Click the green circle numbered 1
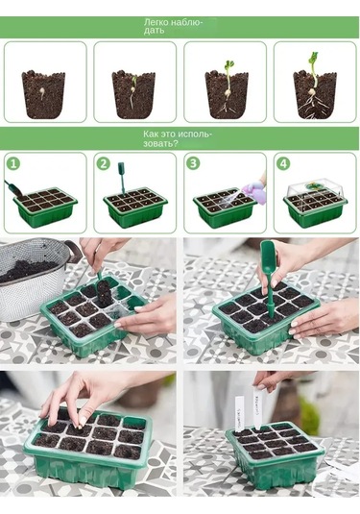pyautogui.click(x=13, y=163)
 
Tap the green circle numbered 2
pyautogui.click(x=104, y=163)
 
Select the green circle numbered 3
pyautogui.click(x=193, y=163)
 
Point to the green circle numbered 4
pyautogui.click(x=283, y=163)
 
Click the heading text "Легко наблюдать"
pyautogui.click(x=174, y=27)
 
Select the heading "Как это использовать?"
pyautogui.click(x=178, y=138)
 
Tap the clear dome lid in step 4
pyautogui.click(x=315, y=189)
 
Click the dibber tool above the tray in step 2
pyautogui.click(x=122, y=178)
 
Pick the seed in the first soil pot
pyautogui.click(x=42, y=94)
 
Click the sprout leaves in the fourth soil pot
pyautogui.click(x=313, y=58)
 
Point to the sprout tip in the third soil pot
pyautogui.click(x=229, y=64)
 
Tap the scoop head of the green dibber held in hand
pyautogui.click(x=269, y=253)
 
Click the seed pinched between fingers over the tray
pyautogui.click(x=80, y=427)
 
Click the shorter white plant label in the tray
pyautogui.click(x=240, y=413)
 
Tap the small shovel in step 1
pyautogui.click(x=13, y=188)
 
